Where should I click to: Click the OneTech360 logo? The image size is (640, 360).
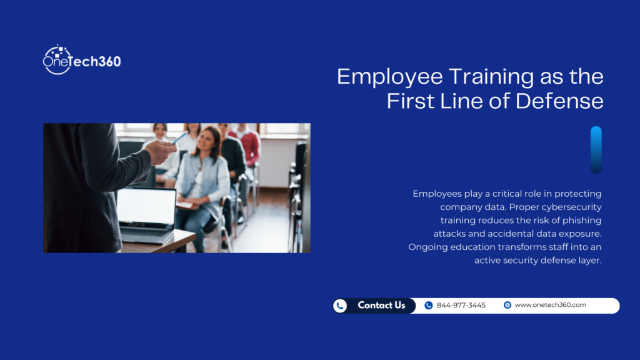pos(81,61)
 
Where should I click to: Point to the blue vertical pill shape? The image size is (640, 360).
pos(596,150)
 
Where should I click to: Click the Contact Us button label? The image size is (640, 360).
pos(381,306)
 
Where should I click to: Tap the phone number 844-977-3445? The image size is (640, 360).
pos(461,306)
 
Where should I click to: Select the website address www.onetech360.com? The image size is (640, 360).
pos(550,305)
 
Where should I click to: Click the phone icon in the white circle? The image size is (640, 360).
pos(340,306)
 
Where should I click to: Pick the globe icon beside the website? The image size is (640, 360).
pos(507,305)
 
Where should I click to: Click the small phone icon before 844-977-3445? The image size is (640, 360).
pos(428,306)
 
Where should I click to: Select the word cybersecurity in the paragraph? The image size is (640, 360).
pos(568,207)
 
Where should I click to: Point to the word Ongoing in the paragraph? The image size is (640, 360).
pos(430,247)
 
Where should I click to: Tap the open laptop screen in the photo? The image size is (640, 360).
pos(146,206)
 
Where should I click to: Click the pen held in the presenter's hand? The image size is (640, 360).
pos(179,138)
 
